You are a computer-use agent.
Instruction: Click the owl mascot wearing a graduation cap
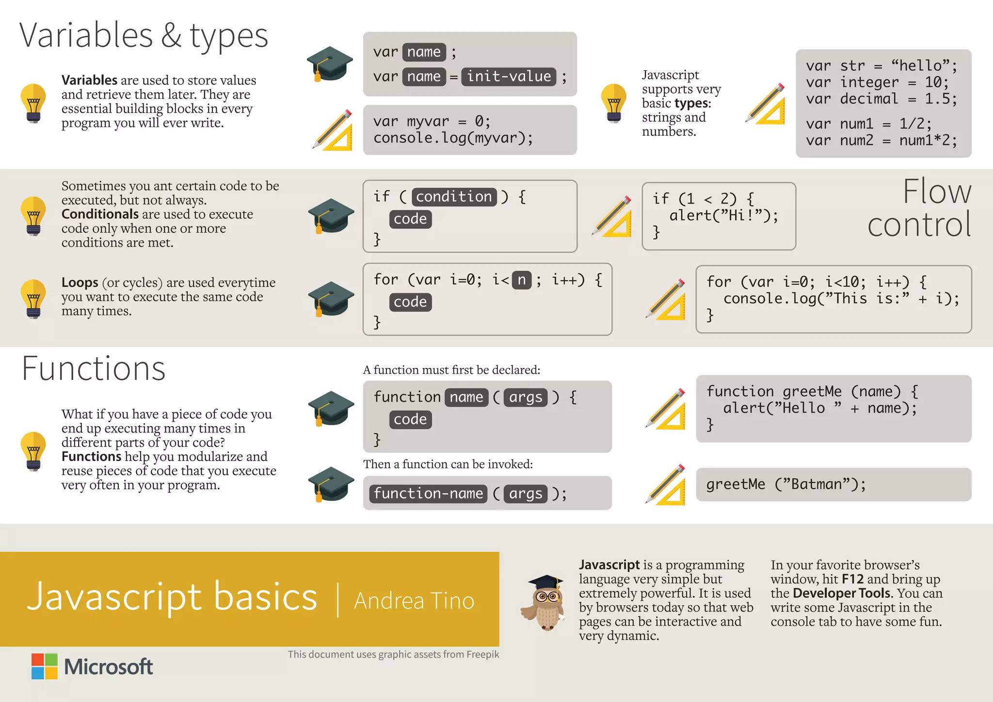544,603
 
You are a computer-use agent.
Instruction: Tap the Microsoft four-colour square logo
45,666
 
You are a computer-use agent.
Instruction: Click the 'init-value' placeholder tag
509,77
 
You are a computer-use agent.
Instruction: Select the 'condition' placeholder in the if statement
454,197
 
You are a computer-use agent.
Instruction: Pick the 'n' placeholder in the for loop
522,280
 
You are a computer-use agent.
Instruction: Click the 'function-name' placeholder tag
428,494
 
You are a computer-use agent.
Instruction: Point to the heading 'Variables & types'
144,35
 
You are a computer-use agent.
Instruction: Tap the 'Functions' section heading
94,368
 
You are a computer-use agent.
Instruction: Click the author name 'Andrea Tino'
414,601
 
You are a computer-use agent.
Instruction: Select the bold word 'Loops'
80,282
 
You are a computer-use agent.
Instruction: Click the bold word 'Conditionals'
100,214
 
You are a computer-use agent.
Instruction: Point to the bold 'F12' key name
852,579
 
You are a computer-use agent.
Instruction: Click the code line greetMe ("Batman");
785,484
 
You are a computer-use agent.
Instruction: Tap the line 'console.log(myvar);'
453,138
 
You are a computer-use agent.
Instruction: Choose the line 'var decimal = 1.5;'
881,99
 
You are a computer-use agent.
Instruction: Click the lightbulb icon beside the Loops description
33,298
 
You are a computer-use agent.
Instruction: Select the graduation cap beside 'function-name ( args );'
331,483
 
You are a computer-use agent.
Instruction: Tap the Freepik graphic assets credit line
393,654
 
